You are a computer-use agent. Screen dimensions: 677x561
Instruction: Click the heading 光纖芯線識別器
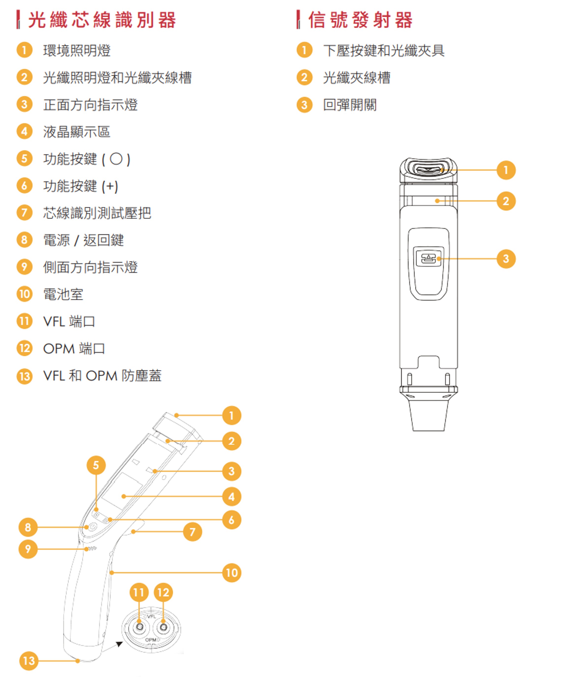click(102, 20)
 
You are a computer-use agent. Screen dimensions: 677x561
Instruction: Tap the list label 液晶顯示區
click(77, 132)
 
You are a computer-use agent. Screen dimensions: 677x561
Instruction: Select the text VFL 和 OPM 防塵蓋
click(102, 376)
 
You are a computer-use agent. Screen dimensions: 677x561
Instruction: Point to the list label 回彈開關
click(350, 105)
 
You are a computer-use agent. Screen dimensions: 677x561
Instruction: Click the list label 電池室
click(63, 294)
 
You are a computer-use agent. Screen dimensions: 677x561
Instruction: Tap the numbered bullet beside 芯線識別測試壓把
click(24, 213)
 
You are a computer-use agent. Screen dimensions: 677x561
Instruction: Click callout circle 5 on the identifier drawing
click(96, 465)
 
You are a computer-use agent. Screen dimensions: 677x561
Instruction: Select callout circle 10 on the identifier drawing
click(231, 573)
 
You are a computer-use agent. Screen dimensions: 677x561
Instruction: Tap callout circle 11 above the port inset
click(139, 592)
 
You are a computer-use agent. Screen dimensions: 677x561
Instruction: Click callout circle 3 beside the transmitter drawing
click(506, 259)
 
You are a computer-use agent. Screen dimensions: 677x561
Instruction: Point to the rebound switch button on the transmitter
click(429, 258)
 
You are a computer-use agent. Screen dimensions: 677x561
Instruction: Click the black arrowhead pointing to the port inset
click(119, 644)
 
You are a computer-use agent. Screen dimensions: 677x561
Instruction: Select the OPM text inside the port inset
click(150, 640)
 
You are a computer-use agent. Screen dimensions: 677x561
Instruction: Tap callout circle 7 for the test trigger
click(193, 532)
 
